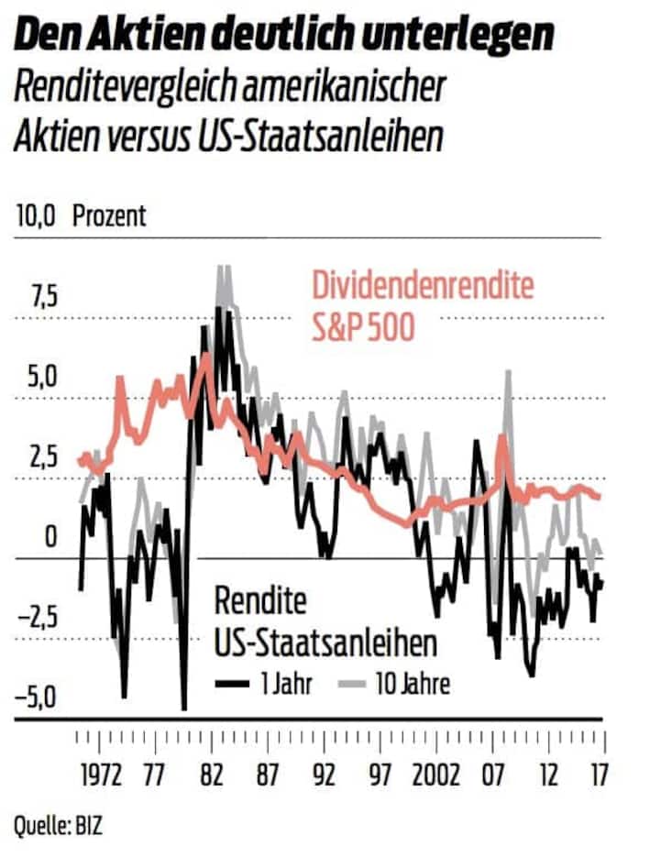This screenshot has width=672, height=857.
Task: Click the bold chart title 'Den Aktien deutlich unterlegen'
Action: pos(285,36)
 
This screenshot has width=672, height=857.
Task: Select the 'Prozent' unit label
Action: pos(109,216)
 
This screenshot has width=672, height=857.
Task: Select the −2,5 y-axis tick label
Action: pos(37,617)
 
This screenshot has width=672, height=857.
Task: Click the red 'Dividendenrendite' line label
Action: pos(423,286)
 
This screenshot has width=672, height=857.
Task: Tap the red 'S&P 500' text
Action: pos(362,325)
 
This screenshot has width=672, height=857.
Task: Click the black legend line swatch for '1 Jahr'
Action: pos(233,683)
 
